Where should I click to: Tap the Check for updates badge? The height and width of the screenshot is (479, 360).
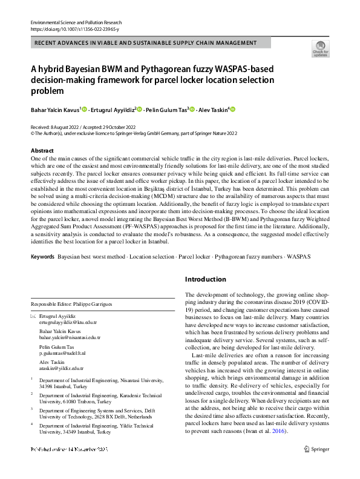tap(320, 49)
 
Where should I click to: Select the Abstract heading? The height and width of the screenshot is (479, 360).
tap(42, 150)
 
